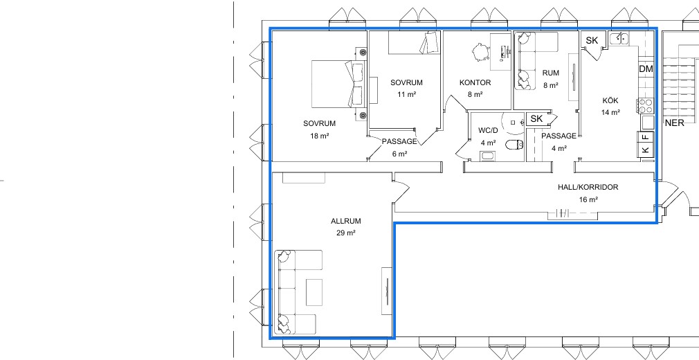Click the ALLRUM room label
(x=346, y=222)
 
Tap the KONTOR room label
(x=475, y=82)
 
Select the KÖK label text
(x=610, y=101)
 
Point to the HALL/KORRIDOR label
(x=588, y=188)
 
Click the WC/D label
(x=488, y=130)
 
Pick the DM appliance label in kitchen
(x=646, y=69)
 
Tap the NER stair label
(x=675, y=123)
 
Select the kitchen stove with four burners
(x=646, y=106)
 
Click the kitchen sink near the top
(x=619, y=39)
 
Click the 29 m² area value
(x=346, y=233)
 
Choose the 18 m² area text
(x=320, y=136)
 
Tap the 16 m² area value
(x=588, y=199)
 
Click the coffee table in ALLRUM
(x=314, y=292)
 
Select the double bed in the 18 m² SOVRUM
(x=337, y=84)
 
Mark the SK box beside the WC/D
(x=537, y=119)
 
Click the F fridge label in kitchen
(x=646, y=137)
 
